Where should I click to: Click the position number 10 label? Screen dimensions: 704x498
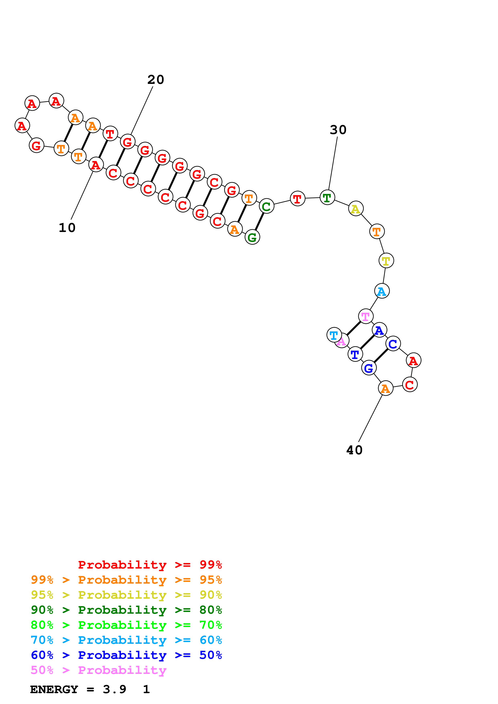(x=67, y=228)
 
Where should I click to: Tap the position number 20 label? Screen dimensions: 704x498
(x=155, y=80)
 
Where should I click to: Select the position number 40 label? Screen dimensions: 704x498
(x=354, y=450)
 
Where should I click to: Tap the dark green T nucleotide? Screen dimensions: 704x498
(x=327, y=197)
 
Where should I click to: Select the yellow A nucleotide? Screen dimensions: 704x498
(x=356, y=209)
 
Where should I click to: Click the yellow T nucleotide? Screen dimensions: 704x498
(x=386, y=261)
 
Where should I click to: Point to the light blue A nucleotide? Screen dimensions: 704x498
(x=382, y=291)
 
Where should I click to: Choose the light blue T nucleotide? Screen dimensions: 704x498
(x=334, y=335)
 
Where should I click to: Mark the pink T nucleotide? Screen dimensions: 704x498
(x=365, y=316)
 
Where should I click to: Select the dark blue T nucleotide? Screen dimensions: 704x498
(x=355, y=354)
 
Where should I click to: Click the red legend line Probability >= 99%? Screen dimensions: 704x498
(x=150, y=565)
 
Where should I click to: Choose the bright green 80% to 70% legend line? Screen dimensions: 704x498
(x=126, y=625)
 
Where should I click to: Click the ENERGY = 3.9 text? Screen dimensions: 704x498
(x=78, y=690)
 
